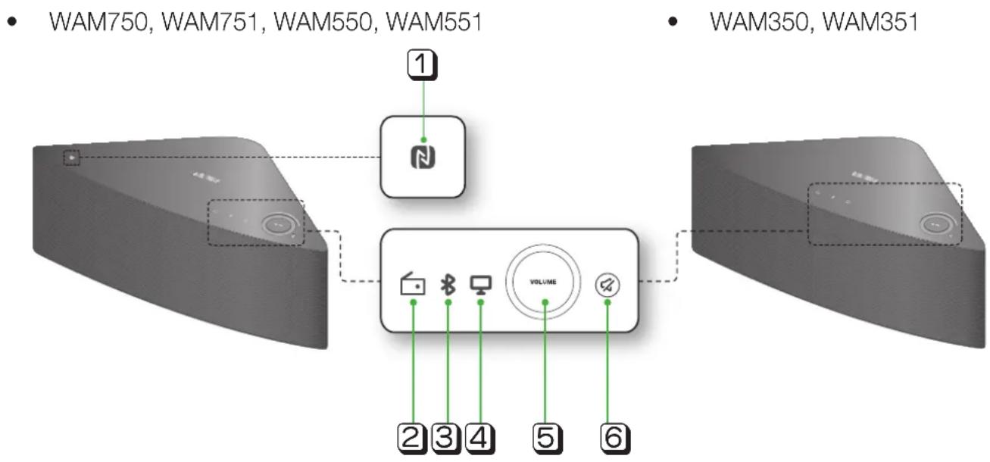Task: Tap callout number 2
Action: point(414,438)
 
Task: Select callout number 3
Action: point(448,438)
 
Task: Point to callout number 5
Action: point(545,438)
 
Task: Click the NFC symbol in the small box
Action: point(423,157)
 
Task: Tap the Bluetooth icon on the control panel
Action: point(448,284)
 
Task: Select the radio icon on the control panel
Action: point(414,285)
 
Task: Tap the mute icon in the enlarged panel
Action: point(607,283)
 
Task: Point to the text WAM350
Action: point(757,23)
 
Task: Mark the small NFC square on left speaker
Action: point(71,158)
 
